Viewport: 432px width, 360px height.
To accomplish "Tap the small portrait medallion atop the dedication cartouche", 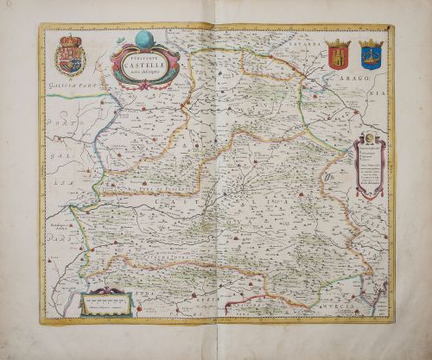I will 367,137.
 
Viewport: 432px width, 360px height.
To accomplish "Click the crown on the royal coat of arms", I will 68,39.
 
